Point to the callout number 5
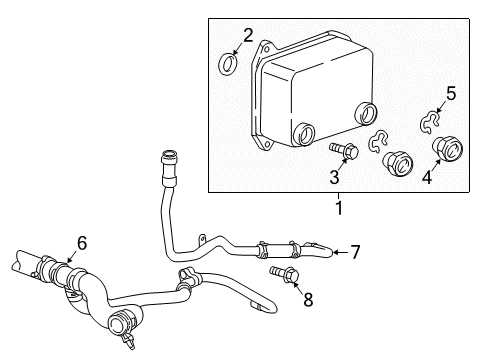pyautogui.click(x=450, y=94)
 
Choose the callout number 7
pyautogui.click(x=353, y=251)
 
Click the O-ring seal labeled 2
pyautogui.click(x=228, y=66)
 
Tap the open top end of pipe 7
pyautogui.click(x=169, y=153)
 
